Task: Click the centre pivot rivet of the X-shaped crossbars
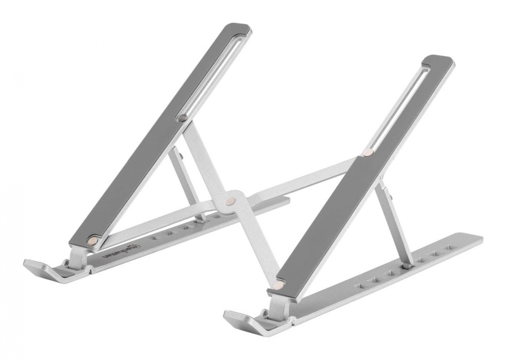pyautogui.click(x=232, y=200)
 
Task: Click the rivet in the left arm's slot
pyautogui.click(x=183, y=118)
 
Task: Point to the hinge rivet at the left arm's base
pyautogui.click(x=93, y=242)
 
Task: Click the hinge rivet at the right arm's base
pyautogui.click(x=277, y=286)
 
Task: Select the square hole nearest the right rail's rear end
pyautogui.click(x=447, y=248)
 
